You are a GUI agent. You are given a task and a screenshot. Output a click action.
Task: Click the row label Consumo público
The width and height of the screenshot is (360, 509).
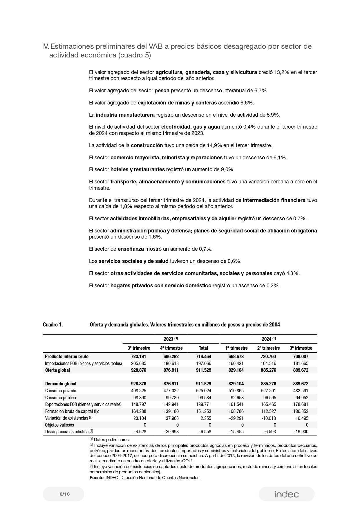tap(60, 398)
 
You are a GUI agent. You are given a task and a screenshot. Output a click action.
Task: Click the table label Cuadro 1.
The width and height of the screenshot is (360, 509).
tap(53, 325)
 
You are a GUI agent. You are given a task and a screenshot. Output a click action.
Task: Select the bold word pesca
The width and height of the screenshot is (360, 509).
tap(162, 91)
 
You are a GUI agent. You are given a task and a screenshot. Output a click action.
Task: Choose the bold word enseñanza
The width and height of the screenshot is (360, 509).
tap(131, 249)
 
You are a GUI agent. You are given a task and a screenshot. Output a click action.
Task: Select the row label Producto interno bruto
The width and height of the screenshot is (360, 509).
tap(67, 356)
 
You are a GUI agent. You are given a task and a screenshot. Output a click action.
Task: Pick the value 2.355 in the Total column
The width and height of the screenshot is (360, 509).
tap(205, 418)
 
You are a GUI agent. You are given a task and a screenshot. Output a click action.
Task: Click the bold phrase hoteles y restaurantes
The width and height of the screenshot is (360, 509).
tap(138, 169)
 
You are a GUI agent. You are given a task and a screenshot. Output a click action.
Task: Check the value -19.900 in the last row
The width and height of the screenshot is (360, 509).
tap(301, 432)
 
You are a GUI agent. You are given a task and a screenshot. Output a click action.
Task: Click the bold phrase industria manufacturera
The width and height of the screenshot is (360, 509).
tap(125, 115)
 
